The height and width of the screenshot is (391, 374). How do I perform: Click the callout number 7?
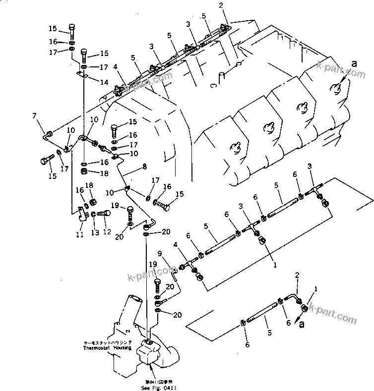(x=35, y=116)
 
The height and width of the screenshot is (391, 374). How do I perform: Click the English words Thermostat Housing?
(x=108, y=348)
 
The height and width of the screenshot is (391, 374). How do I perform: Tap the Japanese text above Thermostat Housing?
(x=108, y=342)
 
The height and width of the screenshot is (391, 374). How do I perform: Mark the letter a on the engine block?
(x=354, y=64)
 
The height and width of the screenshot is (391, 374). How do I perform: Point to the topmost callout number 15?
(x=53, y=28)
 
